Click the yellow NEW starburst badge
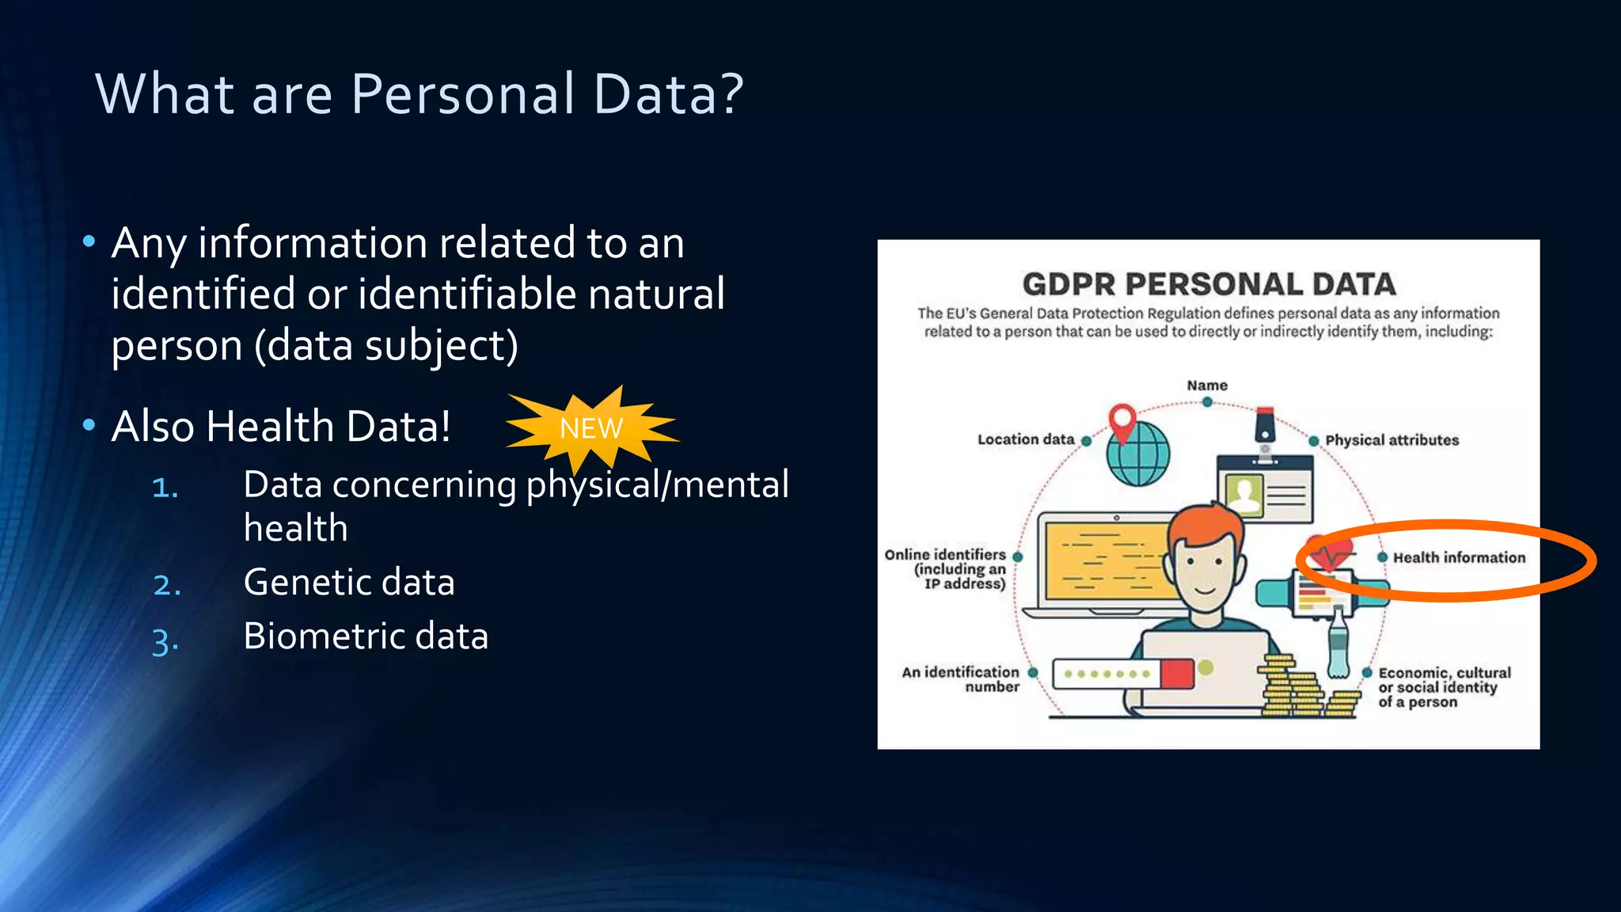point(591,428)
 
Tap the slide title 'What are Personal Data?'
point(419,93)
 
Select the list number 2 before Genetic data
point(166,585)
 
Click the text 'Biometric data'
point(366,636)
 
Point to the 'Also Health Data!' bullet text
point(281,426)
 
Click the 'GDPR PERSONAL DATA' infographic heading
point(1208,284)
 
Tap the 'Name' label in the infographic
point(1207,386)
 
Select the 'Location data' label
point(1026,439)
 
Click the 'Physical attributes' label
point(1391,440)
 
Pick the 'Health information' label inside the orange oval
point(1459,557)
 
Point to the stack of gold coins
point(1290,689)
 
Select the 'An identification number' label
point(961,679)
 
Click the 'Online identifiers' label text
point(947,568)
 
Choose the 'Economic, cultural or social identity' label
point(1444,687)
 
